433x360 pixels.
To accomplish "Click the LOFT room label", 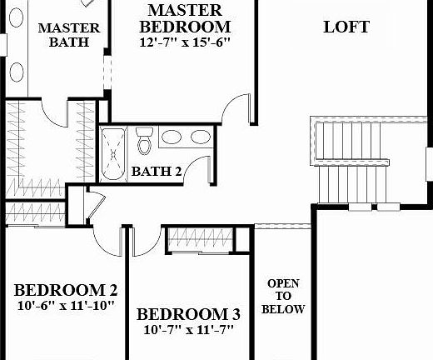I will click(x=346, y=27).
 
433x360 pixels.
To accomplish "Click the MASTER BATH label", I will click(x=69, y=34).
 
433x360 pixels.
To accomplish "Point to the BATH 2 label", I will click(x=157, y=172).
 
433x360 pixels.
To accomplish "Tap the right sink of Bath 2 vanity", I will click(x=200, y=137).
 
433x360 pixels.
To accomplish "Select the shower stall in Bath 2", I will click(x=115, y=153).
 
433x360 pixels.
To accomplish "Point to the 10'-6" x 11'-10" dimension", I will click(x=66, y=306).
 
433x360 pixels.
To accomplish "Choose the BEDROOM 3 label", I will click(x=188, y=314).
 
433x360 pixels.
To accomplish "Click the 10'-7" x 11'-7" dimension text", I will click(x=188, y=330).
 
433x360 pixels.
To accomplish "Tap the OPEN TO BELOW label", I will click(x=283, y=297).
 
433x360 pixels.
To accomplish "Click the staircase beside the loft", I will click(x=350, y=162).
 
